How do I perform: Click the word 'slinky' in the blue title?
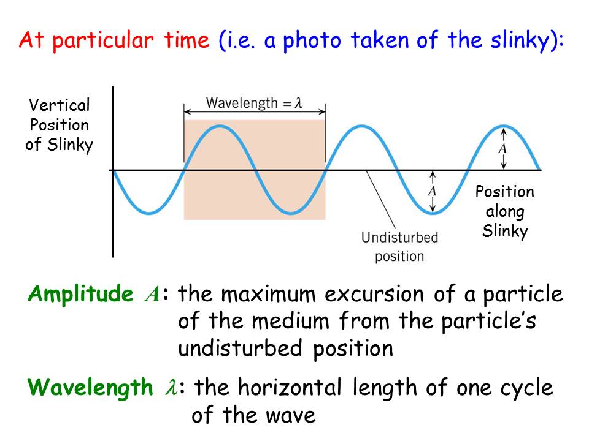[520, 40]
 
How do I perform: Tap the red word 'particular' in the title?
[103, 41]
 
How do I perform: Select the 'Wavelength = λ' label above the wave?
[254, 103]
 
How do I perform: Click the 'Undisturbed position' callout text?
[399, 247]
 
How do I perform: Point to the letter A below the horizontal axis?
[433, 191]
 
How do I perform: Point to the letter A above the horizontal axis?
[503, 149]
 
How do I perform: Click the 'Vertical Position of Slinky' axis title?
[59, 125]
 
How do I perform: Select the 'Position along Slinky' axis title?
[505, 211]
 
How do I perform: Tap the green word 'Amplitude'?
[80, 294]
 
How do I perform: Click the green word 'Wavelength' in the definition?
[90, 388]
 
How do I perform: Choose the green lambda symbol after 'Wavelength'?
[171, 387]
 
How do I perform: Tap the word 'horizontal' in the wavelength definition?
[290, 388]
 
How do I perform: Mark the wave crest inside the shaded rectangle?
[220, 126]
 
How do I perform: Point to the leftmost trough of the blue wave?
[149, 213]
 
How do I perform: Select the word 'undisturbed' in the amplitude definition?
[240, 348]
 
